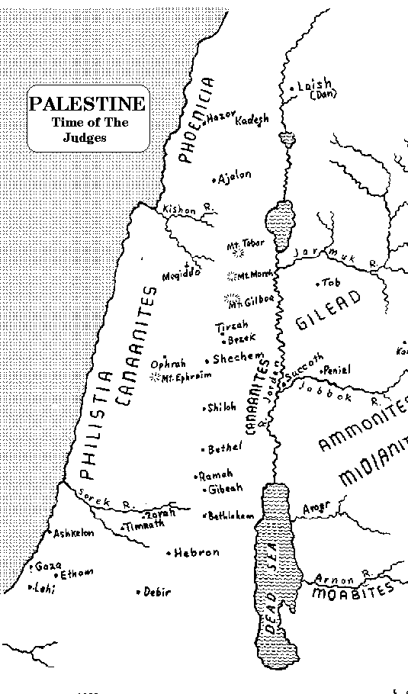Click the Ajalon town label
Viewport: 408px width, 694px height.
tap(234, 178)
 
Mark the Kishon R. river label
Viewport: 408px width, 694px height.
tap(178, 210)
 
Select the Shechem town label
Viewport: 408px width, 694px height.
tap(238, 358)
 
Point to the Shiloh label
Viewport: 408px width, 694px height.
tap(221, 409)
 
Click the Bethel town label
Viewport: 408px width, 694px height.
tap(224, 448)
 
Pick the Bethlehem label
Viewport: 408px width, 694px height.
tap(230, 516)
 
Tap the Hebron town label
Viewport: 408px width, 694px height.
tap(196, 552)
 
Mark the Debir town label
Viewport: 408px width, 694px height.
tap(157, 592)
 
